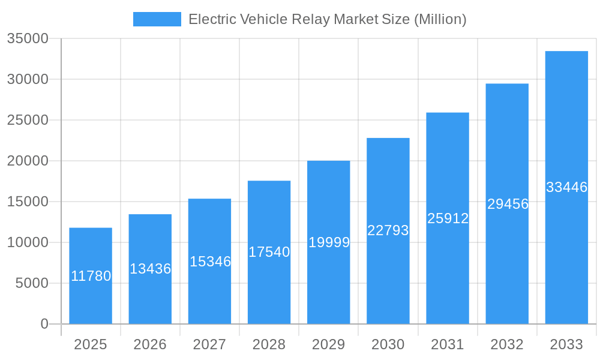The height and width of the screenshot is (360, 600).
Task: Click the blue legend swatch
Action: pyautogui.click(x=157, y=19)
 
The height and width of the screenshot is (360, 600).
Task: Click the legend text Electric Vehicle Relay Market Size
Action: pyautogui.click(x=327, y=19)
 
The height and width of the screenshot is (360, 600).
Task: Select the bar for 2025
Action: pyautogui.click(x=91, y=300)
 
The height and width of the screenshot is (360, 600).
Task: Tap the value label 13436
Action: pyautogui.click(x=150, y=269)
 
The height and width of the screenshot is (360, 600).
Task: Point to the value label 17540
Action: pyautogui.click(x=269, y=252)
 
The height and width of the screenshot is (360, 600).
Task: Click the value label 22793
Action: pyautogui.click(x=388, y=230)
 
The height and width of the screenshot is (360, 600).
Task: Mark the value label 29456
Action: pyautogui.click(x=508, y=204)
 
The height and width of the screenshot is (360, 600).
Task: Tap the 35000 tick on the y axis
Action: pyautogui.click(x=28, y=38)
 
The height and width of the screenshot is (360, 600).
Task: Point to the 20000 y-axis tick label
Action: pyautogui.click(x=28, y=161)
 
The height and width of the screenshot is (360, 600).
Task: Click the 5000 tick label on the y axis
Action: pyautogui.click(x=31, y=283)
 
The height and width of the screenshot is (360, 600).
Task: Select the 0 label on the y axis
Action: pyautogui.click(x=44, y=324)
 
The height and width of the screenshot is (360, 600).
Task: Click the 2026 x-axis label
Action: pyautogui.click(x=150, y=344)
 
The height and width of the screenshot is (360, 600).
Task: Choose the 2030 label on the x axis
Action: pyautogui.click(x=388, y=344)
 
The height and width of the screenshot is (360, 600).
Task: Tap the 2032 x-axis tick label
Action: pyautogui.click(x=507, y=344)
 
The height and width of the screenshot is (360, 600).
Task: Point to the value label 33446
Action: pyautogui.click(x=566, y=187)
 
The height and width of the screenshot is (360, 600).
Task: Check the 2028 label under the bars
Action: pyautogui.click(x=269, y=344)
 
